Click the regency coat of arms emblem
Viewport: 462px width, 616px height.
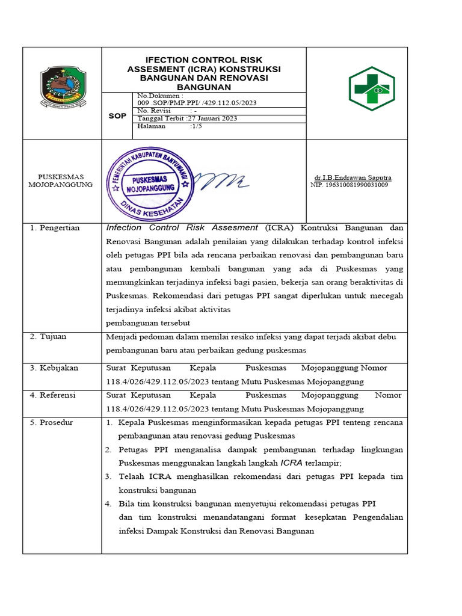63,87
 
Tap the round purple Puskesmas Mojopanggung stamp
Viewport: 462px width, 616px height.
150,179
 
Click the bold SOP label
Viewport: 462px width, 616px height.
117,115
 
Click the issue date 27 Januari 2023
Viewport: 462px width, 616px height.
213,119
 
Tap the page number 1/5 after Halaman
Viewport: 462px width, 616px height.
196,126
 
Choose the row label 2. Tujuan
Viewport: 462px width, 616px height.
49,336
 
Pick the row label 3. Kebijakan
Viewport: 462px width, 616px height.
54,368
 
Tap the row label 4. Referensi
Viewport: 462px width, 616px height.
54,395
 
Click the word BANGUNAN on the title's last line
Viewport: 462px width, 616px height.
204,87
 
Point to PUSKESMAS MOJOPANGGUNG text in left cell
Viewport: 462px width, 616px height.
61,180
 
